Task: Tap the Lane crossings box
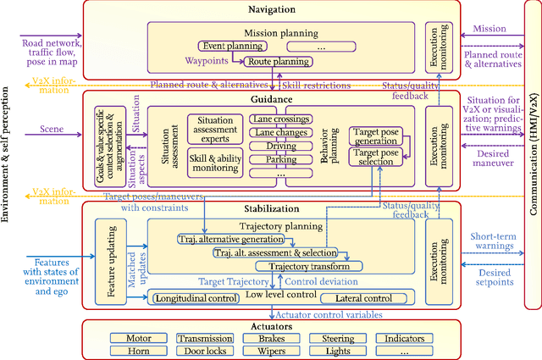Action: pos(281,119)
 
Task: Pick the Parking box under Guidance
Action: pos(281,159)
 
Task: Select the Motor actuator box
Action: pos(138,337)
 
